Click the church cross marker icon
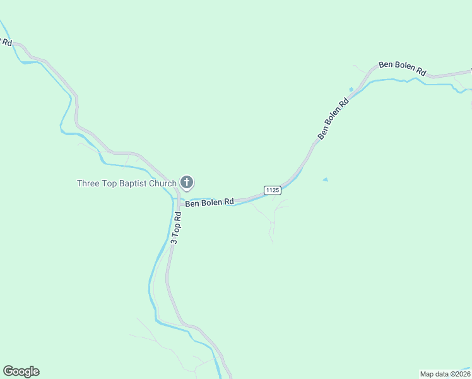pyautogui.click(x=187, y=183)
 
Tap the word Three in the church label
pyautogui.click(x=88, y=184)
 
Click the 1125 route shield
pyautogui.click(x=273, y=190)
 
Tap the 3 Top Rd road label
pyautogui.click(x=177, y=227)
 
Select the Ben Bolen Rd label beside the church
pyautogui.click(x=209, y=203)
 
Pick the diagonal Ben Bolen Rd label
pyautogui.click(x=333, y=118)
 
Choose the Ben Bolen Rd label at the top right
pyautogui.click(x=403, y=69)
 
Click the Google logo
pyautogui.click(x=21, y=371)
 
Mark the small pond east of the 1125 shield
pyautogui.click(x=325, y=180)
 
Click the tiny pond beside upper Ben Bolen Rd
pyautogui.click(x=351, y=89)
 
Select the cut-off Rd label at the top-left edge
pyautogui.click(x=6, y=42)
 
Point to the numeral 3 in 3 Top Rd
pyautogui.click(x=174, y=241)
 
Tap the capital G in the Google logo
pyautogui.click(x=8, y=371)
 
